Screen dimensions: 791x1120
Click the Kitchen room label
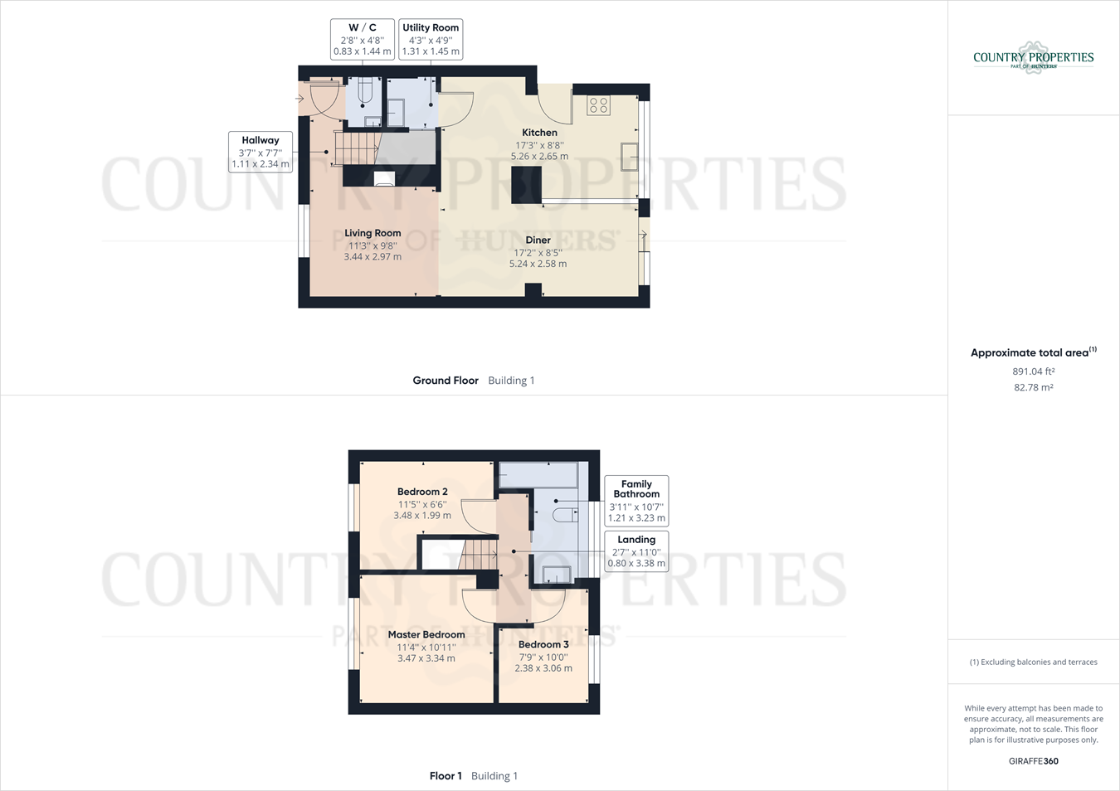coord(539,133)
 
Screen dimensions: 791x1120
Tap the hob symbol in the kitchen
coord(599,105)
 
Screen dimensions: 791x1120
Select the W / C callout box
coord(363,39)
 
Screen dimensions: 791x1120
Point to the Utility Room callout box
coord(431,39)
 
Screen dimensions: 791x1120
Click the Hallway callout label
coord(261,152)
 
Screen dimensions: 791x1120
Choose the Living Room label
coord(373,233)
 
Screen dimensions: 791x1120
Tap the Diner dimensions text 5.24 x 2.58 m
coord(538,264)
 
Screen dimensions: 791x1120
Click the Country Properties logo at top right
coord(1033,58)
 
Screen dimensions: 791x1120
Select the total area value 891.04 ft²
coord(1033,371)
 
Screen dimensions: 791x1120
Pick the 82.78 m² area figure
coord(1033,387)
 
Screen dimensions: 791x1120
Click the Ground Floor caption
coord(446,381)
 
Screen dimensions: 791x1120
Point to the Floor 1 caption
coord(446,776)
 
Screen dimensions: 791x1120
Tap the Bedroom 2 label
coord(422,492)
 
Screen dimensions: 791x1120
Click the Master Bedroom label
coord(426,634)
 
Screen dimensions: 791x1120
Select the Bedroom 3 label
coord(543,644)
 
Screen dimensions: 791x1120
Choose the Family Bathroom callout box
coord(636,500)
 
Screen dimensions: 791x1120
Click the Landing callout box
coord(636,551)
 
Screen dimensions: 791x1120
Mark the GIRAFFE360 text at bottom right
coord(1033,761)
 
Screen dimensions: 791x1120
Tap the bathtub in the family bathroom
coord(538,475)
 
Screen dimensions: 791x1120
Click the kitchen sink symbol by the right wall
coord(630,157)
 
